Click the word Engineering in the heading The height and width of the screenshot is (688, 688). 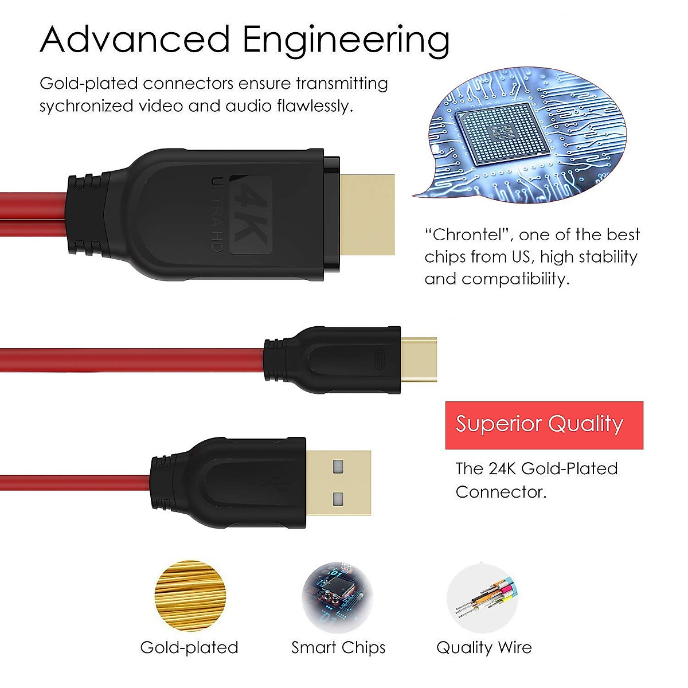(346, 40)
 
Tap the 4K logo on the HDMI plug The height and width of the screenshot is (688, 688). (244, 215)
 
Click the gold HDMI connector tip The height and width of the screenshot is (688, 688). (368, 214)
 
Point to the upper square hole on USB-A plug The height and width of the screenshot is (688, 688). (338, 466)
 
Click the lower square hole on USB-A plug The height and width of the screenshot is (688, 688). (338, 498)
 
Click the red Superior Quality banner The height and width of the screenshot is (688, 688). (544, 425)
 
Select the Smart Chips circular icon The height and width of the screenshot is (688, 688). (338, 597)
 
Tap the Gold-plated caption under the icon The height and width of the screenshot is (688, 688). (189, 647)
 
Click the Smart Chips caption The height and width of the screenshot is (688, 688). (338, 647)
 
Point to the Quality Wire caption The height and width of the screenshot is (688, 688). (484, 647)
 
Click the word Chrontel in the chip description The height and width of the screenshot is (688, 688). (471, 234)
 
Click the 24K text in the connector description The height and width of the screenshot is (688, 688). (502, 468)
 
